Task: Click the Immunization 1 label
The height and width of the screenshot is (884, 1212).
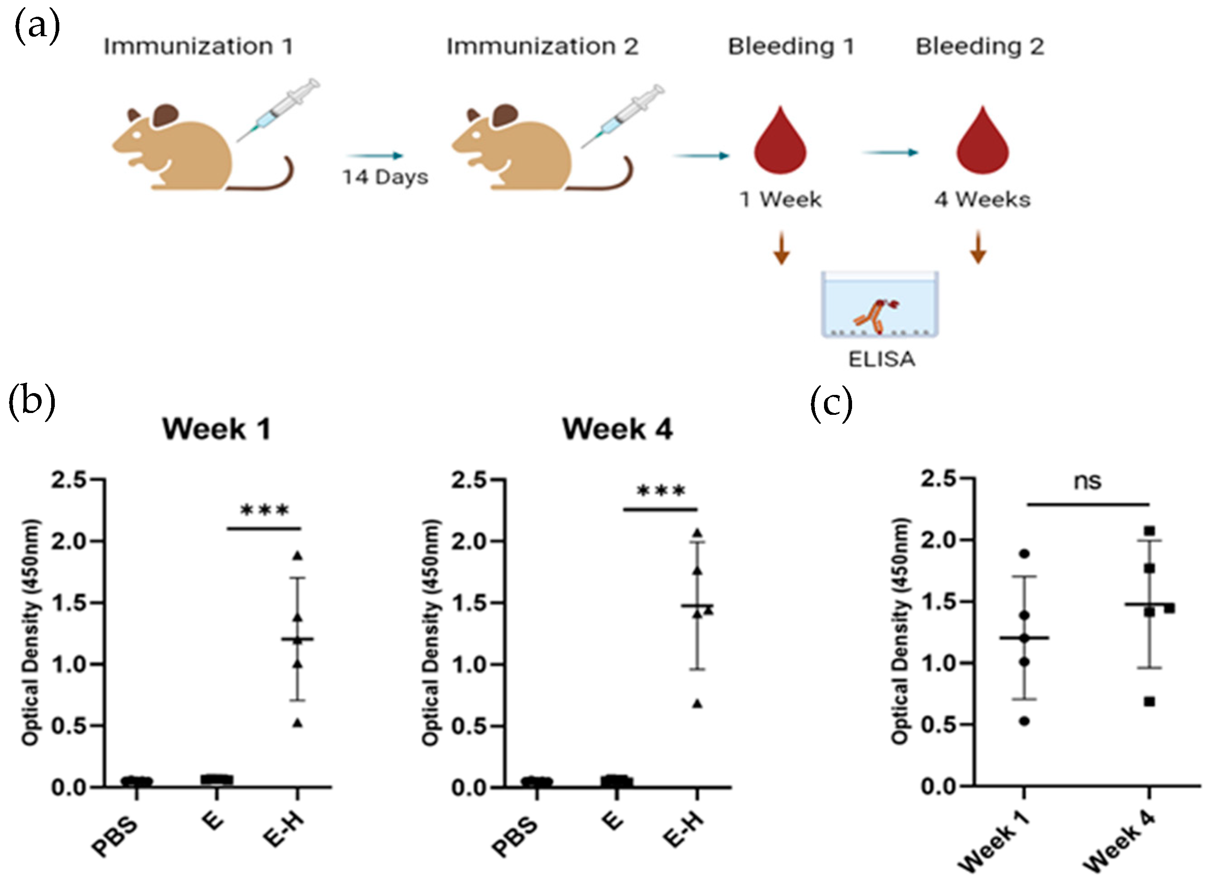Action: [198, 47]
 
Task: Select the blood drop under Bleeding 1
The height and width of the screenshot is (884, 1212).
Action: [781, 142]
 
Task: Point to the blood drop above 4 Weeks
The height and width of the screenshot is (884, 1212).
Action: [982, 142]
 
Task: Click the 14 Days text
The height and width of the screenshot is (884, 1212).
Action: [385, 177]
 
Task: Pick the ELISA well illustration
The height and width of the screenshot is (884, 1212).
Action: [880, 305]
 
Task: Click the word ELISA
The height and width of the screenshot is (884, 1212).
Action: [881, 359]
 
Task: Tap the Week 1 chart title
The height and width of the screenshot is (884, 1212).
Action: [216, 429]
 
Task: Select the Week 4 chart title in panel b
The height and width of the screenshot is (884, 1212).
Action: [617, 429]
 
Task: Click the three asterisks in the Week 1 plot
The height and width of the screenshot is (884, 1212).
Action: [265, 510]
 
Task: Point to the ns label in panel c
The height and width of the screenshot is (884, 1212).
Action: [1087, 481]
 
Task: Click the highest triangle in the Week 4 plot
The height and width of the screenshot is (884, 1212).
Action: [698, 533]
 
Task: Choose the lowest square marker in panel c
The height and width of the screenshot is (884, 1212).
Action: [1150, 701]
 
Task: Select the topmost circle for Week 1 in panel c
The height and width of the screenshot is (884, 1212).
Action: [1024, 554]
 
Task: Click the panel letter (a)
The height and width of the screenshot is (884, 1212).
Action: [36, 26]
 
